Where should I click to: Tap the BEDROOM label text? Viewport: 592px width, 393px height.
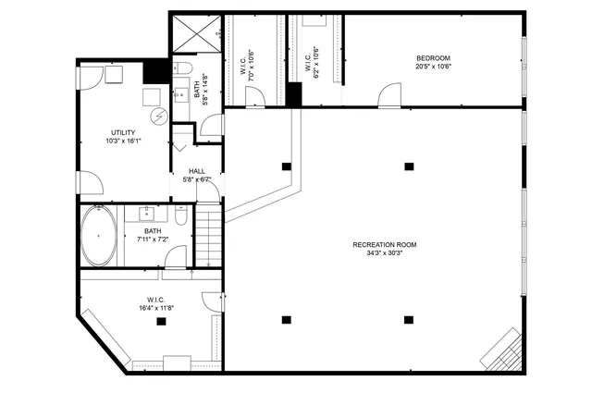click(433, 58)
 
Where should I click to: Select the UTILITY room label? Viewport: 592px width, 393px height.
click(123, 134)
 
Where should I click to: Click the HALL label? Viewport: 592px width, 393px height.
click(197, 171)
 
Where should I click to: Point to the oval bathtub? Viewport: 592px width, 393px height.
click(99, 237)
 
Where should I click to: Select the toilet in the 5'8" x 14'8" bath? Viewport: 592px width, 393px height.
click(181, 70)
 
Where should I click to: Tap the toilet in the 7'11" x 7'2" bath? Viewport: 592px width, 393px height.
click(181, 215)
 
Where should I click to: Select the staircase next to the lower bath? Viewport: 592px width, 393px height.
click(211, 238)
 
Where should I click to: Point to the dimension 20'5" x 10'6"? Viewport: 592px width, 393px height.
click(433, 67)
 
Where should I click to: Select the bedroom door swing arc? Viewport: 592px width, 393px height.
click(390, 94)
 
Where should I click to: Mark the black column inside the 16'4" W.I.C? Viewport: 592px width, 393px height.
click(162, 321)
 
